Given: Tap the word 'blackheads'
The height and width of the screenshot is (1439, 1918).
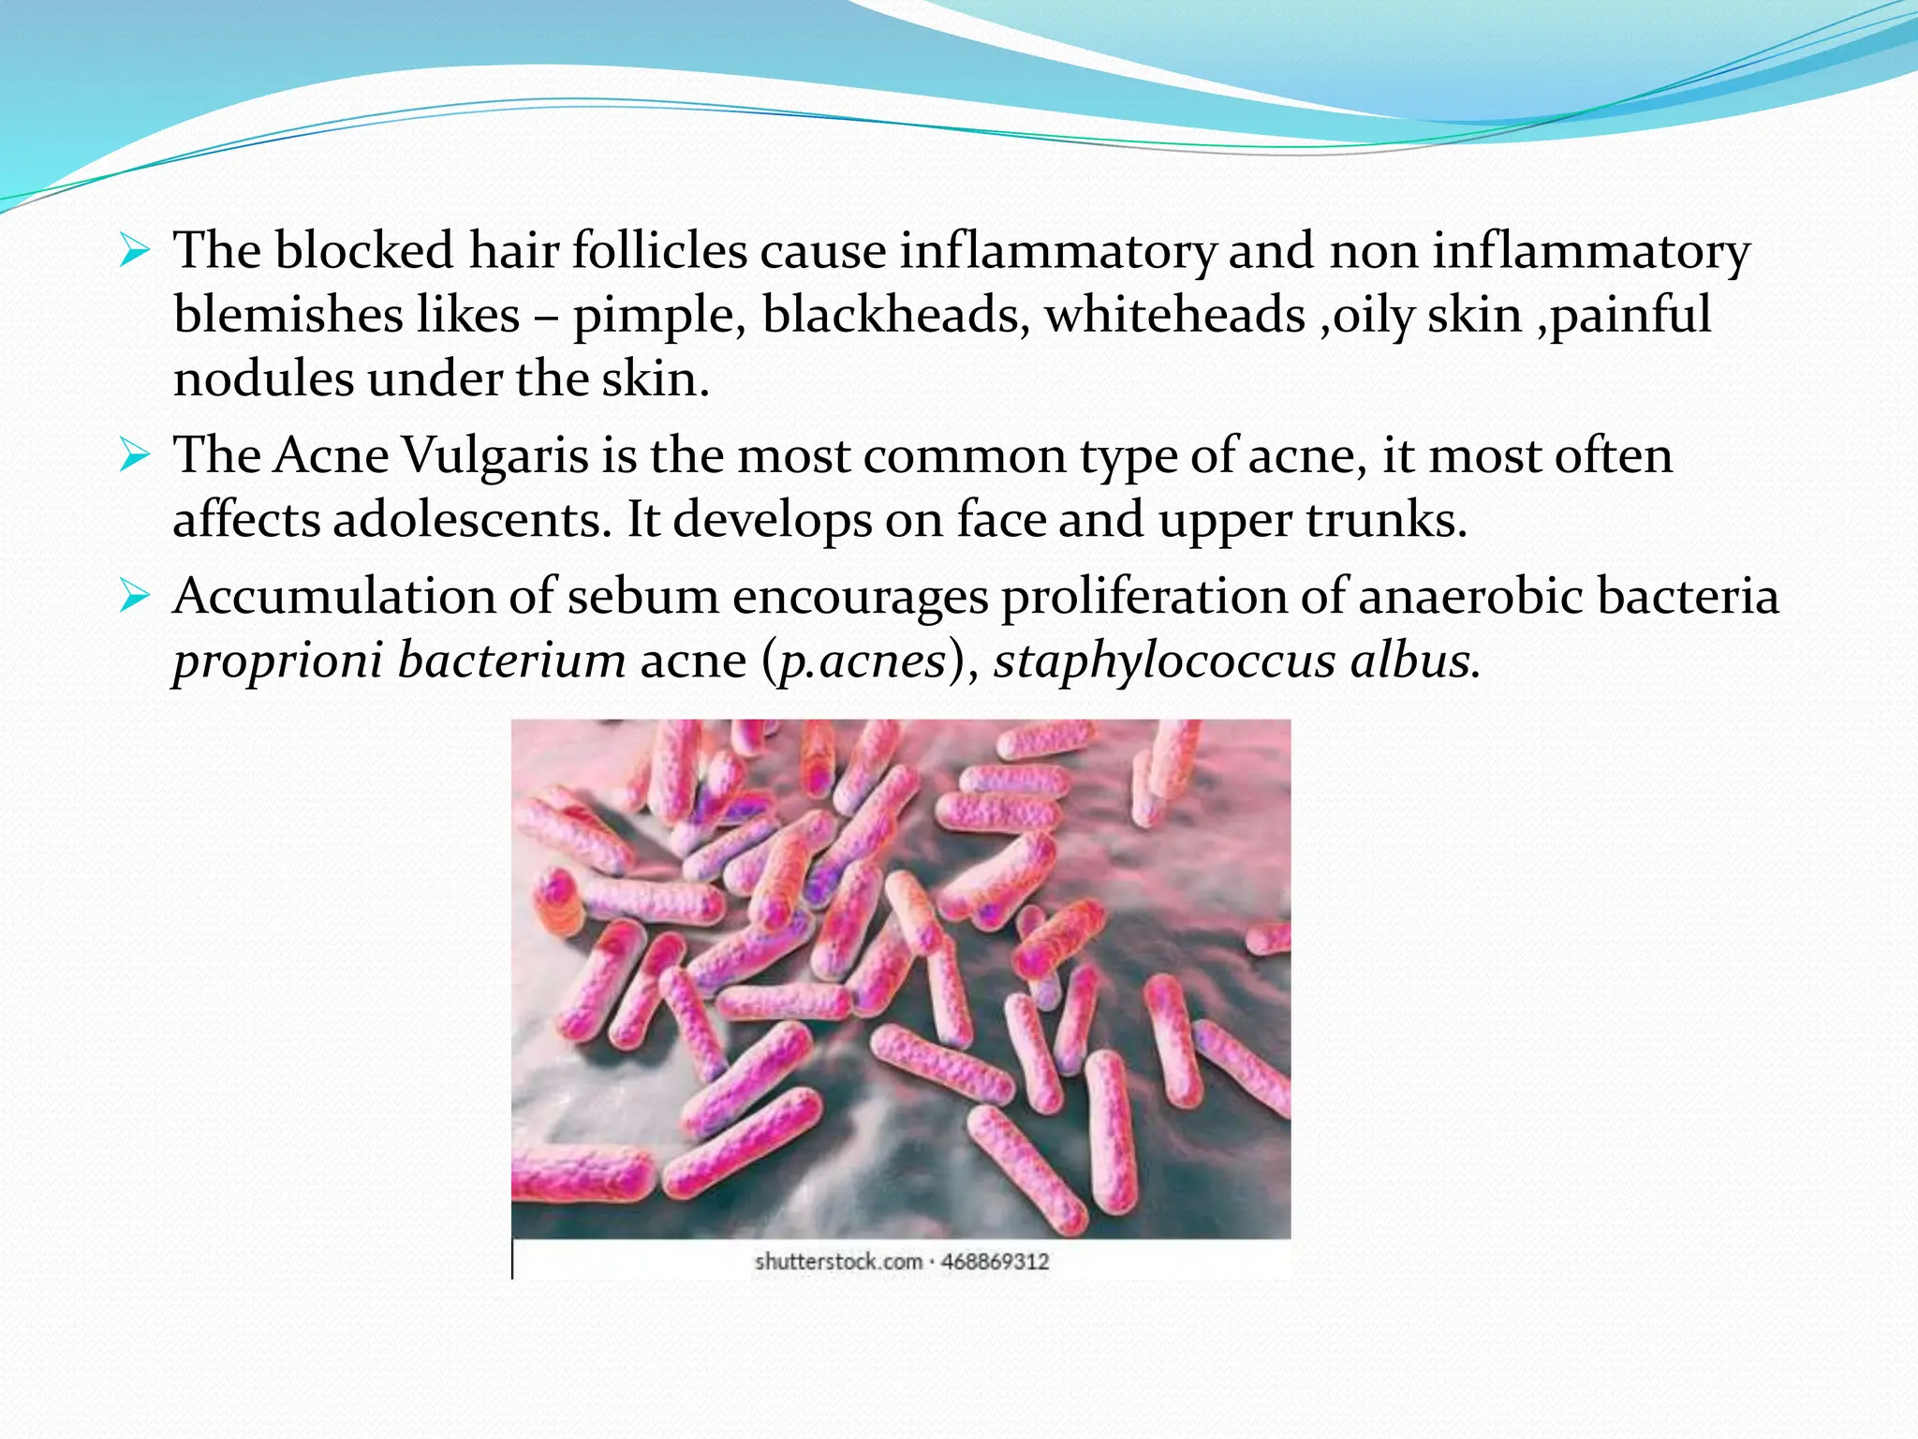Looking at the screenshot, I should pos(890,315).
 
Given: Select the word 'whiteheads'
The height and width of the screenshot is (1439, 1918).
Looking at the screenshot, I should pos(1174,315).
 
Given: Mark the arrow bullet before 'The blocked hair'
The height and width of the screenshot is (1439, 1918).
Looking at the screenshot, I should pos(135,251).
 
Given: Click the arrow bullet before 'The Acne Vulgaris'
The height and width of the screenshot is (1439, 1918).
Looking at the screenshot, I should pos(135,456).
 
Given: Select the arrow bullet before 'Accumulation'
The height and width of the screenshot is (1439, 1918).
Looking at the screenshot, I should pos(135,597).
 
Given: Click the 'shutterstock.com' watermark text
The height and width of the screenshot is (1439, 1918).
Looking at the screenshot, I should pos(838,1262).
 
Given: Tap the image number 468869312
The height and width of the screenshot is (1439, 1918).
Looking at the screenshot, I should pos(995,1262).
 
